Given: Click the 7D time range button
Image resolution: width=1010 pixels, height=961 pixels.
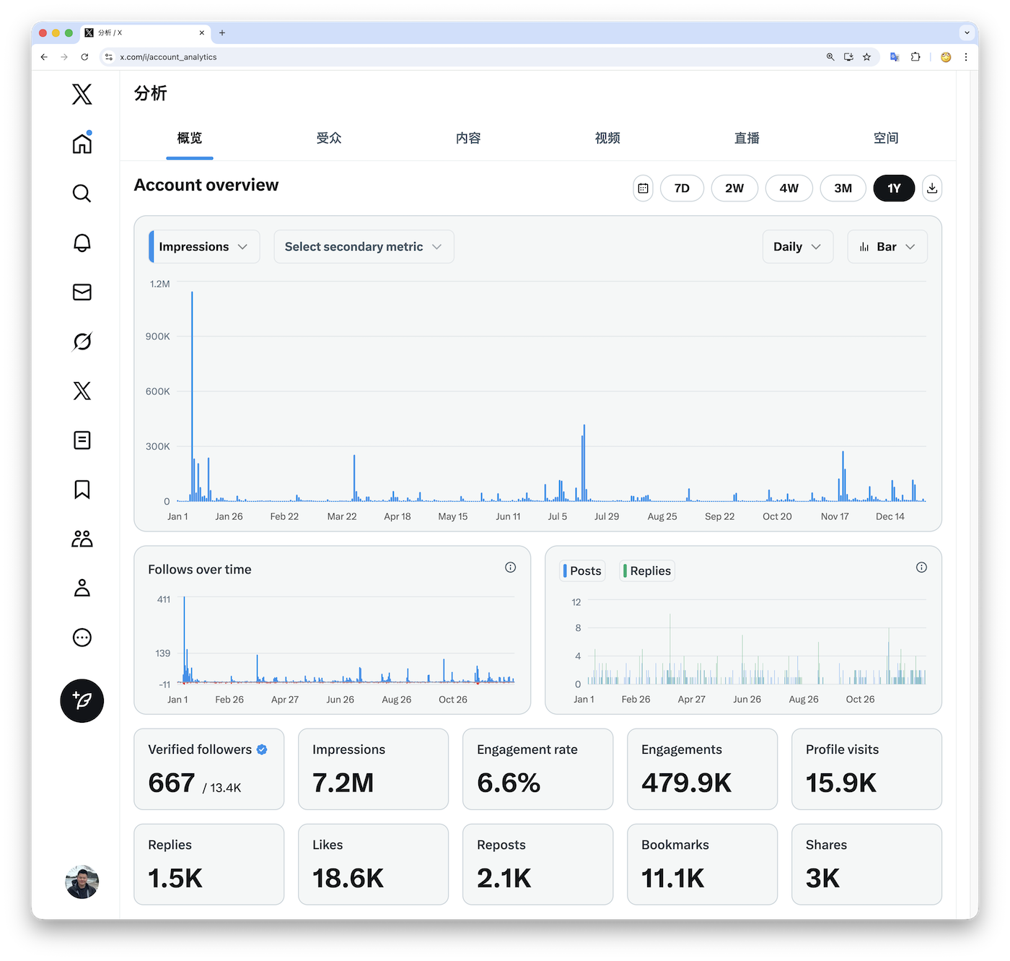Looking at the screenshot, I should tap(682, 188).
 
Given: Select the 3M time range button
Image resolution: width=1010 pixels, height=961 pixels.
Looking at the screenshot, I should tap(843, 188).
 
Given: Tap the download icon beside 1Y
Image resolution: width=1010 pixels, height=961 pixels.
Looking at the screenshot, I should tap(932, 188).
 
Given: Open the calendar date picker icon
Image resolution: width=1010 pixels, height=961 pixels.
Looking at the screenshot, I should tap(643, 188).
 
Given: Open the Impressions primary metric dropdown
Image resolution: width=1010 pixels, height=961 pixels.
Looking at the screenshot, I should tap(204, 247).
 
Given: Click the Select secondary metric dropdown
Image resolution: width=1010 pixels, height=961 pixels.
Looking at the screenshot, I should tap(364, 247).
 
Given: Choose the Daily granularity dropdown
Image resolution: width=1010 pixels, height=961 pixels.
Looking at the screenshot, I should tap(797, 247).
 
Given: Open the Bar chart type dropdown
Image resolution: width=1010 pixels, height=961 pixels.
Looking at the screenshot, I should tap(887, 247).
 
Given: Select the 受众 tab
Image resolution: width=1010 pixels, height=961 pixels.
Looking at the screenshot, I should tap(329, 138).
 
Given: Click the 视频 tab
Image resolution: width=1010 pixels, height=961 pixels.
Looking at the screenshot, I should tap(607, 138).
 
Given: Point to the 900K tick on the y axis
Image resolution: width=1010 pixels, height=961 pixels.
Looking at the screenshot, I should tap(158, 336).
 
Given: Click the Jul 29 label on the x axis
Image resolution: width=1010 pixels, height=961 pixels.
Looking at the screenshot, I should tap(607, 517).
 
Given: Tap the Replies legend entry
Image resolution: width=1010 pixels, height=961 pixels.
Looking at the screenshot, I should tap(648, 571).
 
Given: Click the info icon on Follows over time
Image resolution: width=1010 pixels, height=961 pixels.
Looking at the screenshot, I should tap(511, 568).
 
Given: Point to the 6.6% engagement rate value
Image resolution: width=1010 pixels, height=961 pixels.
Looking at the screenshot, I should tap(509, 783).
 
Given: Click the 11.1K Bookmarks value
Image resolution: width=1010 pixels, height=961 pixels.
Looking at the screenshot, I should tap(672, 879).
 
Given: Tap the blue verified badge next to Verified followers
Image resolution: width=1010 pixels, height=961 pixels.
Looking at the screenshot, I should tap(262, 749).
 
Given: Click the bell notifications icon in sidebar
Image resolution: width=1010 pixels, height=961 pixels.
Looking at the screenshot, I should tap(82, 243).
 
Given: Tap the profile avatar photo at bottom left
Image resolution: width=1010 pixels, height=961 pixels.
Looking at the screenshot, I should tap(82, 882).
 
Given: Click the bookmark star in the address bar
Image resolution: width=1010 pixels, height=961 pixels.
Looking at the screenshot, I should tap(867, 57).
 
